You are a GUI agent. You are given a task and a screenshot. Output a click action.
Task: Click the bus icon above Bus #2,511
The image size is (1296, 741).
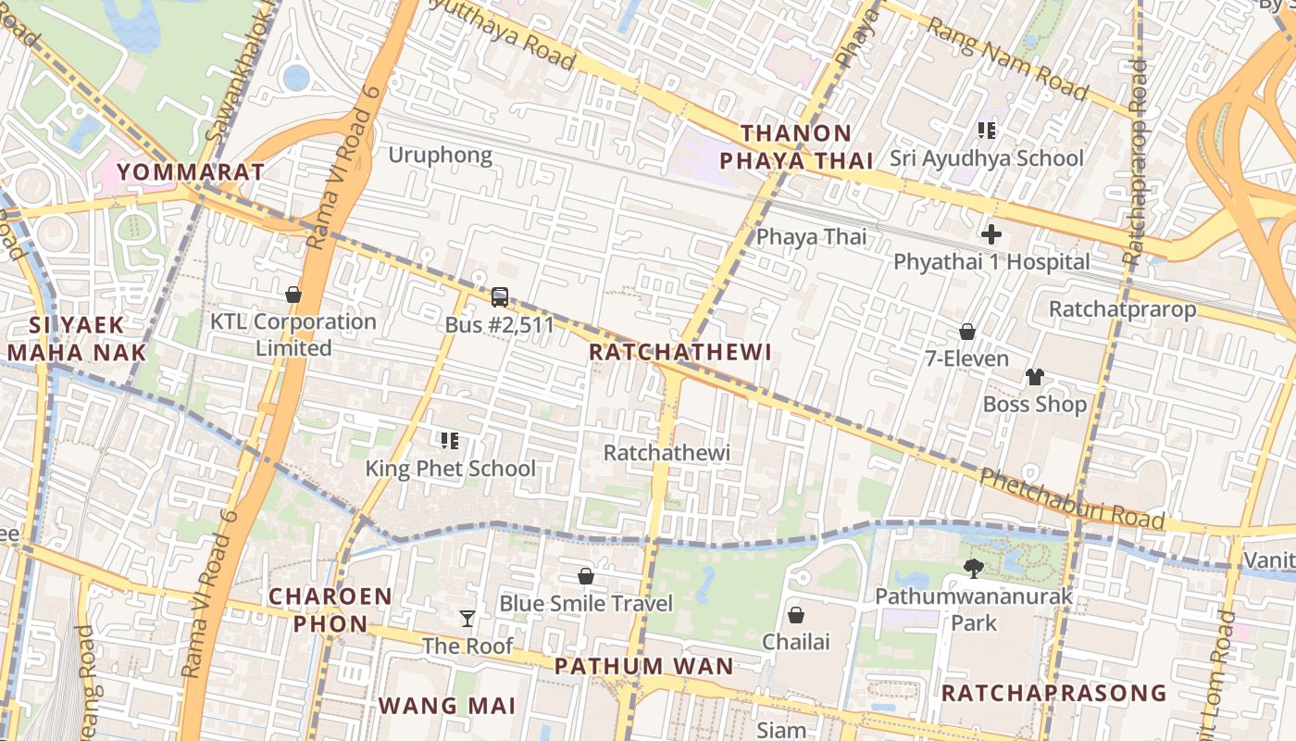click(x=499, y=297)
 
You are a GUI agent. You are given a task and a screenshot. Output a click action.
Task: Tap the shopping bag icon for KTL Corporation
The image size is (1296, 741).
click(x=293, y=295)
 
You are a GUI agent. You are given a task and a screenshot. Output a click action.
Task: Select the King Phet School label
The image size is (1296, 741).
click(x=450, y=468)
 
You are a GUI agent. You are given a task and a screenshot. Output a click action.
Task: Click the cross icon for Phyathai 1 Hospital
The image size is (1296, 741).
click(x=991, y=233)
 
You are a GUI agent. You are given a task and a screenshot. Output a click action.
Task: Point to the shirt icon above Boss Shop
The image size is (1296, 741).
click(x=1034, y=376)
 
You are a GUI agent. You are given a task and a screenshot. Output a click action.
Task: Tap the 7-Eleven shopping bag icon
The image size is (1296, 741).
click(x=967, y=331)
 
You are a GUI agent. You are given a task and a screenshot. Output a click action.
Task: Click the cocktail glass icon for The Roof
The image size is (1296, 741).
click(x=467, y=618)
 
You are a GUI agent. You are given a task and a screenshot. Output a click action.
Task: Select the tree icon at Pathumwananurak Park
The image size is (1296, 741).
click(x=973, y=568)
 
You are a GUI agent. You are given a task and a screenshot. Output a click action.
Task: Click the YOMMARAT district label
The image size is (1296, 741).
click(x=192, y=171)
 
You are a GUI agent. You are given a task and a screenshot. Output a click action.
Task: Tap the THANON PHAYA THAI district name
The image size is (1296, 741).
click(x=796, y=147)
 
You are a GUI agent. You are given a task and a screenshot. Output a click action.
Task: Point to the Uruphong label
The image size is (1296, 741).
click(x=440, y=155)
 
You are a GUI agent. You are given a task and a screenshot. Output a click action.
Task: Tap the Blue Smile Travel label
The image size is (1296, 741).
click(x=586, y=603)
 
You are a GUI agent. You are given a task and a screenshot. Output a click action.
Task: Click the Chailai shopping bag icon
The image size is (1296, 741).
click(x=795, y=614)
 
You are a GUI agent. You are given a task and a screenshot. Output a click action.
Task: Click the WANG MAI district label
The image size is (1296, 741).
click(x=446, y=705)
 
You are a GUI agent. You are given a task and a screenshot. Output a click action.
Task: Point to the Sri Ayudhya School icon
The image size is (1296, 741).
click(x=987, y=131)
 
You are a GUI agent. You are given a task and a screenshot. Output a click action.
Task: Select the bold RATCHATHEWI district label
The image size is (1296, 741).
click(x=679, y=352)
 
